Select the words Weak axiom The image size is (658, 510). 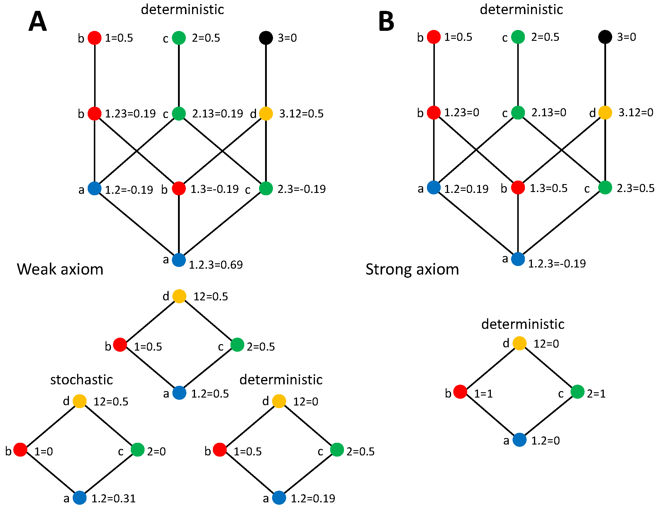click(60, 269)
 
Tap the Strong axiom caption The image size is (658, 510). click(412, 269)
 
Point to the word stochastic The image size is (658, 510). click(81, 380)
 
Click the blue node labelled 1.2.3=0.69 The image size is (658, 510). click(179, 260)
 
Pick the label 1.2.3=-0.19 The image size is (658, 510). click(557, 264)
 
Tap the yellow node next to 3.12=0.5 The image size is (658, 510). click(266, 113)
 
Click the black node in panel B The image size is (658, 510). click(605, 37)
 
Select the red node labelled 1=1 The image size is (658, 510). click(460, 392)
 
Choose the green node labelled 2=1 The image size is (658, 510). click(578, 392)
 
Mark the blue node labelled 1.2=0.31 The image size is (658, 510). click(80, 498)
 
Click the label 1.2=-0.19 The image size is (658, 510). click(129, 190)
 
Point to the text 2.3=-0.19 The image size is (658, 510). click(301, 189)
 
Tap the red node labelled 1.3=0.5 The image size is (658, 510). click(518, 188)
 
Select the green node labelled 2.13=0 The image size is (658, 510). click(518, 112)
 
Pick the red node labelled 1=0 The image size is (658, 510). click(21, 450)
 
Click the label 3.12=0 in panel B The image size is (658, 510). click(636, 112)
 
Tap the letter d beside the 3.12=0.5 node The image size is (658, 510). click(253, 114)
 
